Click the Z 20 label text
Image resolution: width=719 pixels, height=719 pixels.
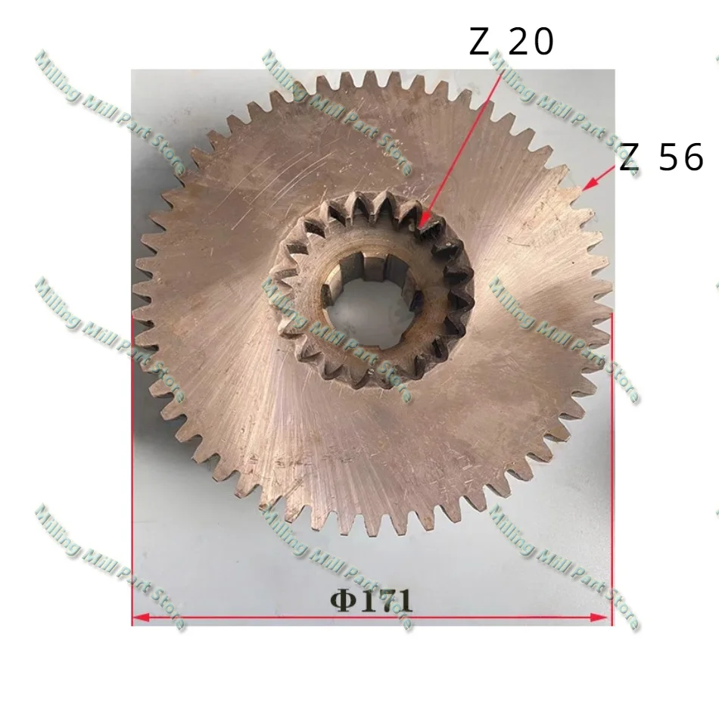[x=512, y=42]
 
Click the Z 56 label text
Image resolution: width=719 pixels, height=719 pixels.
[x=661, y=157]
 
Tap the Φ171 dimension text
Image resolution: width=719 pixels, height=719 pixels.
[x=372, y=601]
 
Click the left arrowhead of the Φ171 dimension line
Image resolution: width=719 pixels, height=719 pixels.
[x=140, y=618]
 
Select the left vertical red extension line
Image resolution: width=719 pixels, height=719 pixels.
[x=132, y=470]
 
